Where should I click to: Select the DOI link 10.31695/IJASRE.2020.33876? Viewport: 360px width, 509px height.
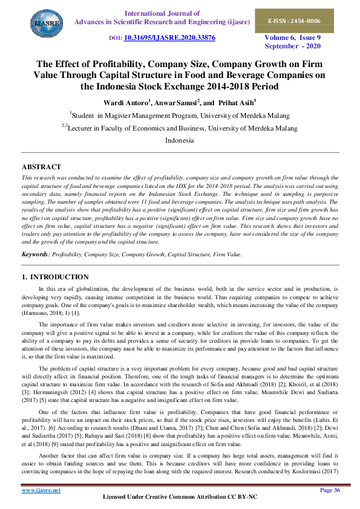pyautogui.click(x=169, y=37)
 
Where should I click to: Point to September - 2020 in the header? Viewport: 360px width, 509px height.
pyautogui.click(x=294, y=46)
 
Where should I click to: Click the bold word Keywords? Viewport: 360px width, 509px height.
pyautogui.click(x=35, y=255)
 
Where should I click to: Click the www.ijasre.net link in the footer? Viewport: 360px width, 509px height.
pyautogui.click(x=41, y=490)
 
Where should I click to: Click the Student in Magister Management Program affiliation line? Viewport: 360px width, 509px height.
pyautogui.click(x=180, y=114)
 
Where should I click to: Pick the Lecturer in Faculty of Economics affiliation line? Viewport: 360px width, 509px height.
pyautogui.click(x=180, y=128)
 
